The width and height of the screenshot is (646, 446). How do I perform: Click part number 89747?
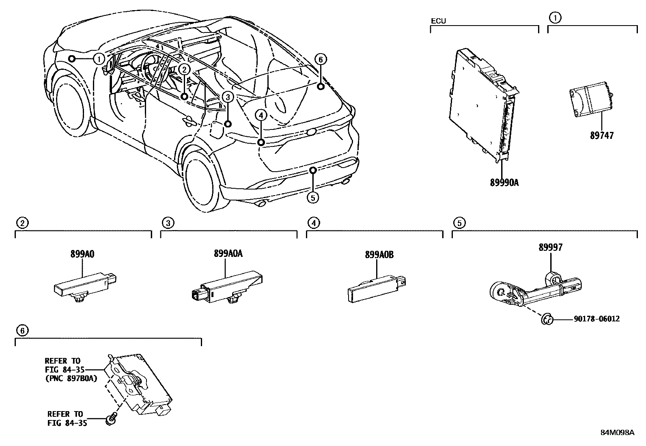[x=602, y=136]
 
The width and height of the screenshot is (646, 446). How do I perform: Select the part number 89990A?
[x=504, y=183]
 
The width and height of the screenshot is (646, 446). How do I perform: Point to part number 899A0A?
[x=228, y=254]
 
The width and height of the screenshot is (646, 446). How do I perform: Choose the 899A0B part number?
[x=379, y=255]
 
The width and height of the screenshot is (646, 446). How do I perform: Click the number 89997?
[x=551, y=247]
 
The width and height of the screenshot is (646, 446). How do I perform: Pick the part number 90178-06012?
[x=596, y=319]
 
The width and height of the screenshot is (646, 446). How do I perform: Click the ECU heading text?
[x=438, y=21]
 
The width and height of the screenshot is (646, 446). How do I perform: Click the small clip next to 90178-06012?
[x=547, y=320]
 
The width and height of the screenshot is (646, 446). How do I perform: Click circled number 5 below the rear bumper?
[x=313, y=198]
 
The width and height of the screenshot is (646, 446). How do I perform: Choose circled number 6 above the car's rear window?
[x=320, y=60]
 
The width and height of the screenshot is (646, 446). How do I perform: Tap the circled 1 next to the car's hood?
[x=99, y=59]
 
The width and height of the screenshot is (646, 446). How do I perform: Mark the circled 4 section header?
[x=313, y=223]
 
